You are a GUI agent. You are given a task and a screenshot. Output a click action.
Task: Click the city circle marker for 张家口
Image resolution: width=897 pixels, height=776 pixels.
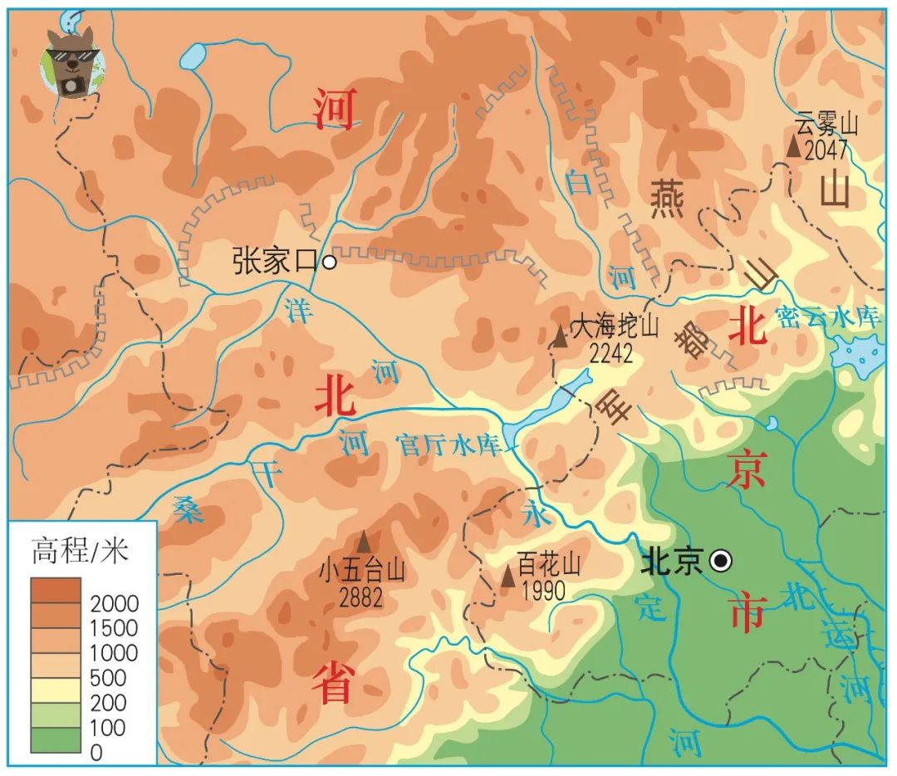[329, 263]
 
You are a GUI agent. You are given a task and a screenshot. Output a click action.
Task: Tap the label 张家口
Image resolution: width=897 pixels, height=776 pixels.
[276, 263]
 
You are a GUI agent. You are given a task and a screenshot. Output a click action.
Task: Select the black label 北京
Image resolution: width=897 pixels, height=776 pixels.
[673, 562]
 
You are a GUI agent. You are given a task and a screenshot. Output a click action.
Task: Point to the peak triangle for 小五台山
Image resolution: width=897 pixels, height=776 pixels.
[364, 540]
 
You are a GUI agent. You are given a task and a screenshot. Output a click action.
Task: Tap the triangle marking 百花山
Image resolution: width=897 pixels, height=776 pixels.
[507, 576]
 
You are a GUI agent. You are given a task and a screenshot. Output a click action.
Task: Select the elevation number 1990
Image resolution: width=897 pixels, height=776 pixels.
[545, 591]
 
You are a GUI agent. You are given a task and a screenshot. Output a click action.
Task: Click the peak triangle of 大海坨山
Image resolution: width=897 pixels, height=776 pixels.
[561, 336]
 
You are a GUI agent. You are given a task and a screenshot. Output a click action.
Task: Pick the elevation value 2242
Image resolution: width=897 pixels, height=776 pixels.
[611, 353]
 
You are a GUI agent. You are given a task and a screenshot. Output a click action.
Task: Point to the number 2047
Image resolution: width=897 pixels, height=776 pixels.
[826, 150]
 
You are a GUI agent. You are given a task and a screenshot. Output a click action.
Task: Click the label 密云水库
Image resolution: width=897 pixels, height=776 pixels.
[828, 317]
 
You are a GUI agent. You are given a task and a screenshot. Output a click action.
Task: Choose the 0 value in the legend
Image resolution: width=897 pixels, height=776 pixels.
[96, 753]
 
